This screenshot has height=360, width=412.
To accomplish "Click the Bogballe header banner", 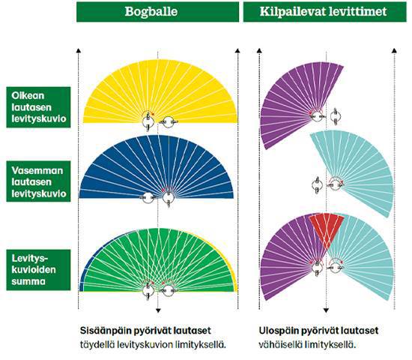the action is [157, 12].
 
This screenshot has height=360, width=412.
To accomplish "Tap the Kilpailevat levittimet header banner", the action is [325, 12].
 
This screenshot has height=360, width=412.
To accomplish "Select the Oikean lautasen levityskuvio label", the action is [38, 107].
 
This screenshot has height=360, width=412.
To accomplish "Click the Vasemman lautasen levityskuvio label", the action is [38, 181].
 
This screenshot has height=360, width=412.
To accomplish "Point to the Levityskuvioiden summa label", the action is [38, 270].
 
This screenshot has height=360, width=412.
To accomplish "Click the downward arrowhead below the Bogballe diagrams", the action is [158, 310].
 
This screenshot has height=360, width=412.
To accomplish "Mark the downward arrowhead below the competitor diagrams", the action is [326, 310].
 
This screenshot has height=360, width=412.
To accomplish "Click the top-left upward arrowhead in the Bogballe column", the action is [78, 50].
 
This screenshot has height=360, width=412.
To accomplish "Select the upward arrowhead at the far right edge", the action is [394, 50].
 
